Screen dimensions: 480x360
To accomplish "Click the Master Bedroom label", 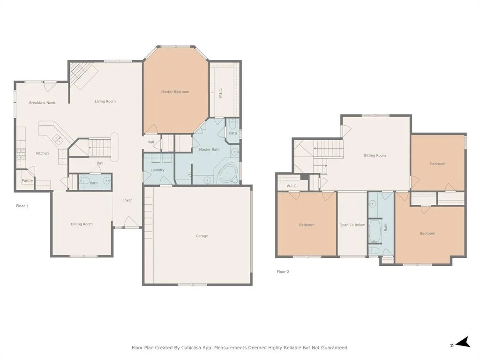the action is (175, 91).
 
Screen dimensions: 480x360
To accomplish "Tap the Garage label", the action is (202, 236).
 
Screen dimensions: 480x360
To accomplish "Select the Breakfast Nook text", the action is (42, 103).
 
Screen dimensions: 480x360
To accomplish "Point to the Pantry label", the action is (27, 180).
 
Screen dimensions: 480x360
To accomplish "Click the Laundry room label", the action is (157, 170).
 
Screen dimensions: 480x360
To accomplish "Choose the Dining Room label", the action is (82, 224).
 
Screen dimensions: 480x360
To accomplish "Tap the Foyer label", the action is (127, 200).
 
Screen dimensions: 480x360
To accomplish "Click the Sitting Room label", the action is (375, 156).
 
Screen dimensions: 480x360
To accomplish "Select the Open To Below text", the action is (352, 225).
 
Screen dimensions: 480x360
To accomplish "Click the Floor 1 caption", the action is (22, 206).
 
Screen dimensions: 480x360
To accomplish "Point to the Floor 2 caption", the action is (283, 272).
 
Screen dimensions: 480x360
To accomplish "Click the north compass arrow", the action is (463, 342).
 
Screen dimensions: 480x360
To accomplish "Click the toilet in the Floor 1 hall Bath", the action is (84, 180).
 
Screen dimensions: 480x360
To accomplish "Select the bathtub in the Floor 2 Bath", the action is (374, 231).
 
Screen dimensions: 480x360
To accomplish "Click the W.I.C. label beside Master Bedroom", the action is (220, 93).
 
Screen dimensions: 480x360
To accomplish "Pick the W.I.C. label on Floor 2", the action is (292, 186).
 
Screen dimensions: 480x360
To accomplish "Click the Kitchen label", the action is (42, 153).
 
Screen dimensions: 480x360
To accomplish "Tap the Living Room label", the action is (105, 101).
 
